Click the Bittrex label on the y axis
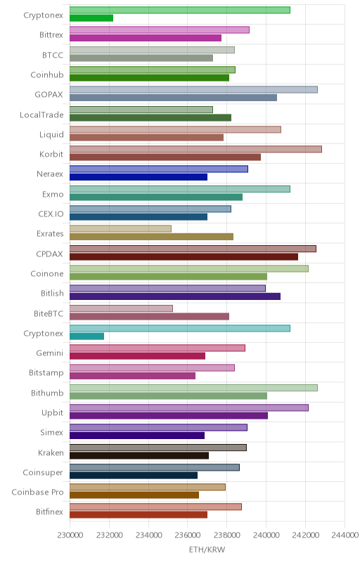click(x=51, y=34)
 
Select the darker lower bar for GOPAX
click(x=173, y=98)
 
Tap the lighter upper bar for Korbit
click(x=195, y=149)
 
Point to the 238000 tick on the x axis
click(x=226, y=535)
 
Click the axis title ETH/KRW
click(x=207, y=549)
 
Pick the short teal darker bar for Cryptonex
click(x=86, y=336)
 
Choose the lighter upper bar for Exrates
click(x=120, y=228)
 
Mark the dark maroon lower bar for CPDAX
click(x=184, y=256)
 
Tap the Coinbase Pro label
click(x=37, y=492)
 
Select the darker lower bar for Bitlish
click(x=175, y=296)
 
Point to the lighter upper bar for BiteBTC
click(x=121, y=308)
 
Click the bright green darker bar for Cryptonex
click(x=91, y=18)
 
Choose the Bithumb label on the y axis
click(x=47, y=393)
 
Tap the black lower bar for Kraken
click(x=139, y=455)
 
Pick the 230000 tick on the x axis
click(x=70, y=535)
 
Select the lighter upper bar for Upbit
click(x=189, y=407)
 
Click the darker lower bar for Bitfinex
click(x=139, y=515)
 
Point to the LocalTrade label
click(x=41, y=115)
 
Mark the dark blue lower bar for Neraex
click(x=139, y=177)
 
